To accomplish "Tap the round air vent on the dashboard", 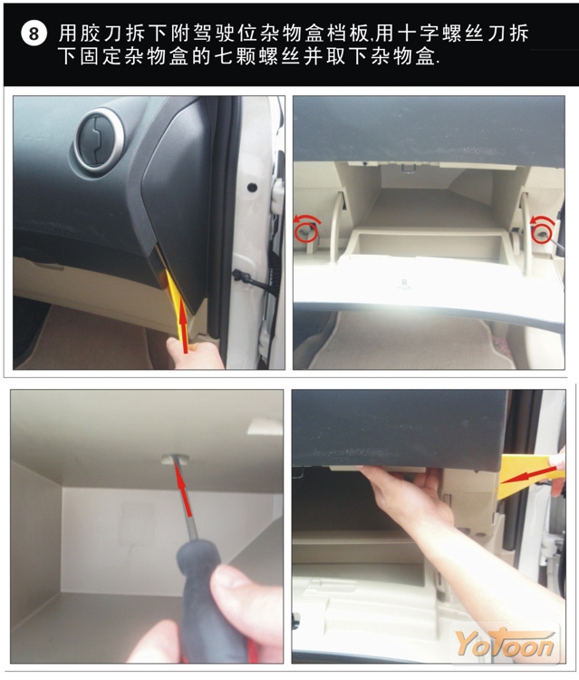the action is [100, 141].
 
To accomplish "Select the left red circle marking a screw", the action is [305, 231].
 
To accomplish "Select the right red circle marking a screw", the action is [542, 233].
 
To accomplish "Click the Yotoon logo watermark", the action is [506, 644].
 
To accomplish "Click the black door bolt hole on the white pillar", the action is [251, 188].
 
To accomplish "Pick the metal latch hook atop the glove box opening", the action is [408, 167].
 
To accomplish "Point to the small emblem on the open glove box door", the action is [403, 283].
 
